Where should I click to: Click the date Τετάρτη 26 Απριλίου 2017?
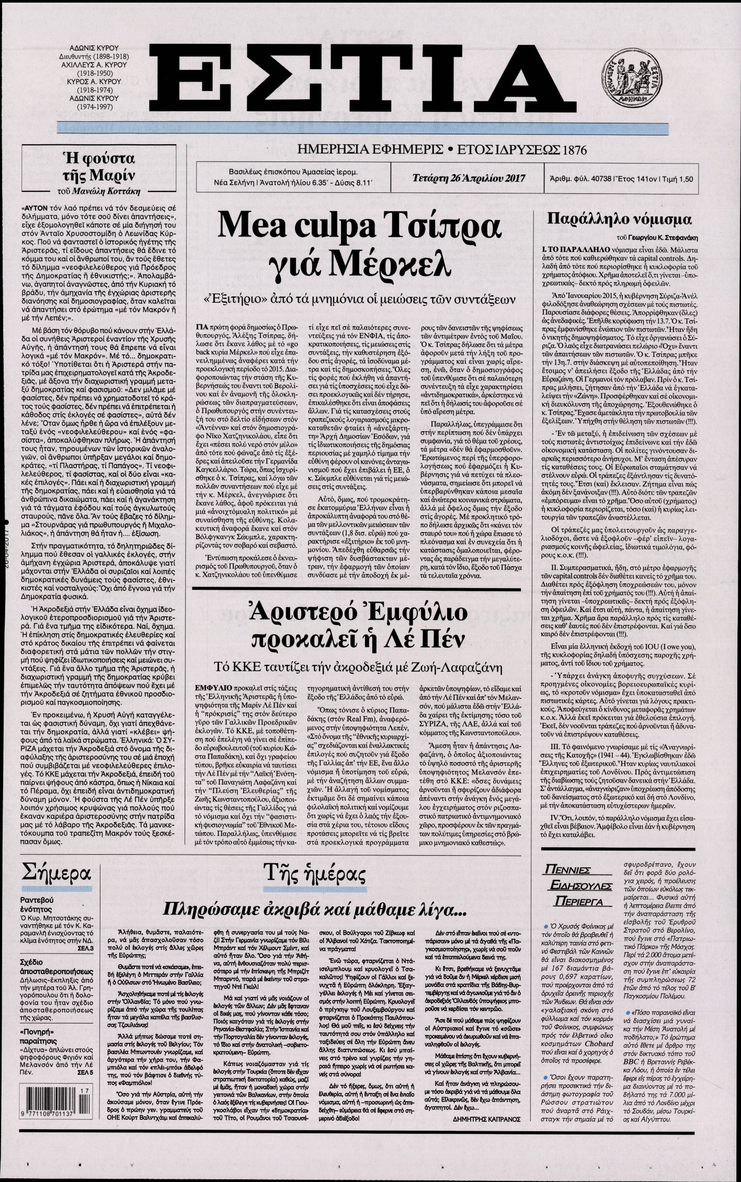click(x=461, y=178)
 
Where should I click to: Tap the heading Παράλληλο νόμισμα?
click(x=619, y=219)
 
